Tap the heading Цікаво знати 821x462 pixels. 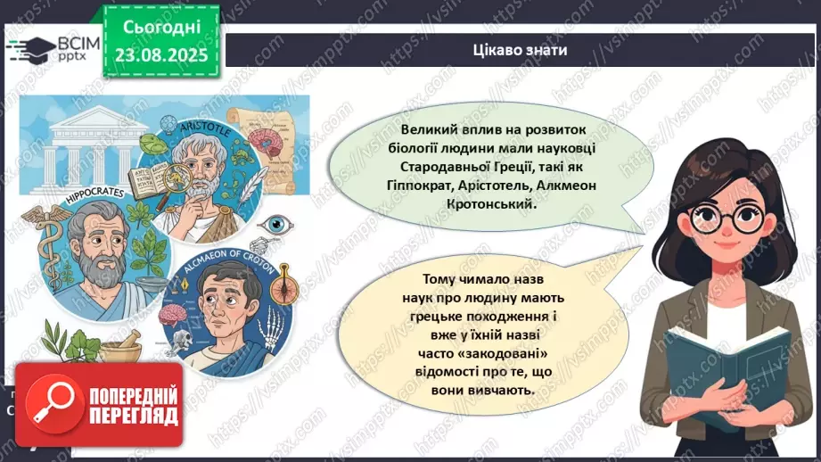tap(520, 51)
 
